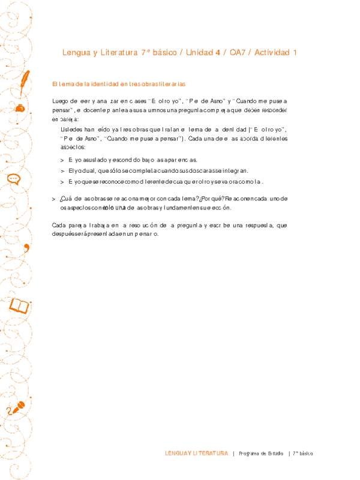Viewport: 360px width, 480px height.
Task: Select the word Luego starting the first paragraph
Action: pos(61,101)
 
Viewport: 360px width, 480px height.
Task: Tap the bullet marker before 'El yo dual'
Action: pos(62,170)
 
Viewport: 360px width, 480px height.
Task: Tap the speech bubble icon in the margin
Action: pos(14,179)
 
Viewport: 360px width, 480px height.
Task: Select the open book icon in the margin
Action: pos(19,307)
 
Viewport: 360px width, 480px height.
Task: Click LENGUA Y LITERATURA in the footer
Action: pos(196,453)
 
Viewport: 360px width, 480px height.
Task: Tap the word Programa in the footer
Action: pos(250,453)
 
